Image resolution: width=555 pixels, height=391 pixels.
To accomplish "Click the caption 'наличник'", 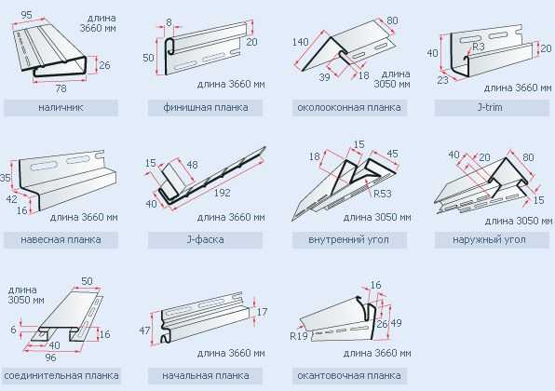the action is [61, 107].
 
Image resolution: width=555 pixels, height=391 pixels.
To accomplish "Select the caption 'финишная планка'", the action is [205, 107].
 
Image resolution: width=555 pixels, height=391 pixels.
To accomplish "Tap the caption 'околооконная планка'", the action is [349, 107].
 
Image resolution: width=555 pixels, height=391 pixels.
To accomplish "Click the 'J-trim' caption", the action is [490, 107].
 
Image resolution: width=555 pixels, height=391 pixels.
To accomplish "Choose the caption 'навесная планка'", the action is [61, 239].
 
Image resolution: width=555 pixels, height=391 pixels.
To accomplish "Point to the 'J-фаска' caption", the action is [205, 239].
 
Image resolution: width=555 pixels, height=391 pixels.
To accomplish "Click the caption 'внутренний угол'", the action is [348, 240].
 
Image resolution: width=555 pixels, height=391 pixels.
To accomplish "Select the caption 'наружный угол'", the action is [489, 240].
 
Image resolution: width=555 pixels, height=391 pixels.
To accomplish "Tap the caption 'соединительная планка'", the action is [61, 375].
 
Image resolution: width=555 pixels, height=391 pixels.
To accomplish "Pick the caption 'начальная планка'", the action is [205, 375].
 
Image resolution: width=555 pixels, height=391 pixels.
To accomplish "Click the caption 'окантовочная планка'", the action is [349, 375].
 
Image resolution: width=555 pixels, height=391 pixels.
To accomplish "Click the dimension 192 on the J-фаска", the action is [222, 193].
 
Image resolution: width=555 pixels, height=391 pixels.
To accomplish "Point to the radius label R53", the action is [383, 194].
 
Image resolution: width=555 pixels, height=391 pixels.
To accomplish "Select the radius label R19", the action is [299, 335].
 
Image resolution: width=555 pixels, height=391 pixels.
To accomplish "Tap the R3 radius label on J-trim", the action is [478, 47].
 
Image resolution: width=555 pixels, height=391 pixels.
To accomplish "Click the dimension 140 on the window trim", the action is [300, 42].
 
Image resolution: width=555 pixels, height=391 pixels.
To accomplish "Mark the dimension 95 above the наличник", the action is [27, 15].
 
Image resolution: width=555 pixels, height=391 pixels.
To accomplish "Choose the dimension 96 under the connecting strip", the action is [50, 357].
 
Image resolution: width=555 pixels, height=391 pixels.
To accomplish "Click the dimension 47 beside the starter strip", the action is [144, 330].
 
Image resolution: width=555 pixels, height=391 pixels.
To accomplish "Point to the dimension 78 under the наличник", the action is [61, 88].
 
